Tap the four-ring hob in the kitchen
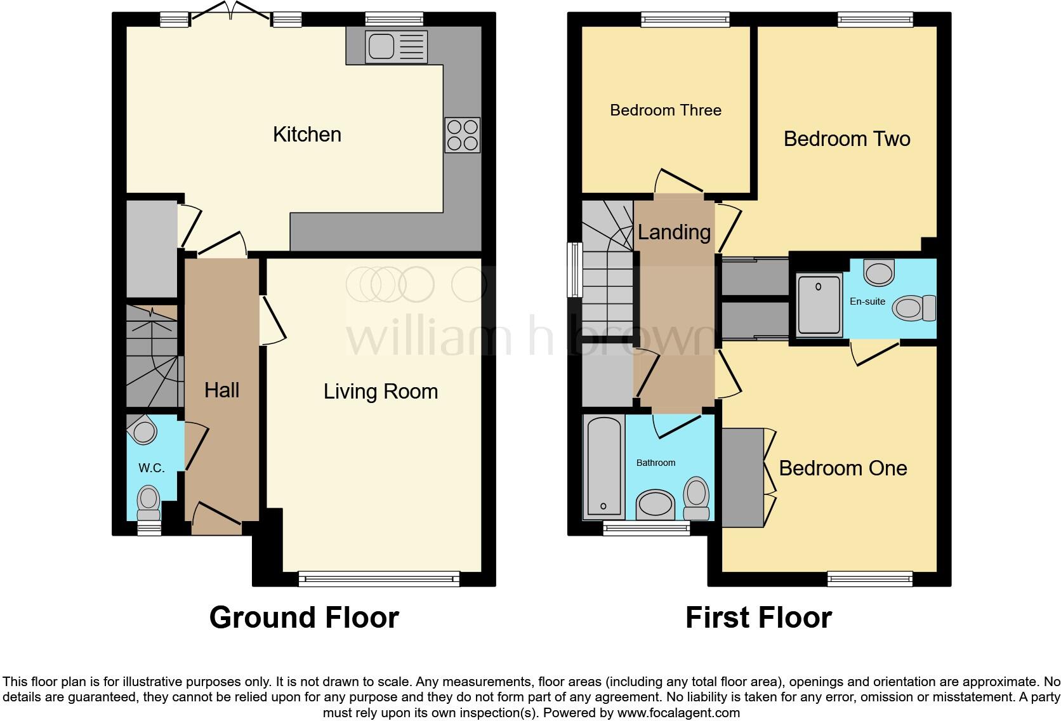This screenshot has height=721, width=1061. point(463,135)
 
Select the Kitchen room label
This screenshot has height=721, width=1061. point(307,135)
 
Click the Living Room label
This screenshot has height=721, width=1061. point(381,392)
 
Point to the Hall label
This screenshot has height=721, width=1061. point(221,390)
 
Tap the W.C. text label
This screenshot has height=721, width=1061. point(151,468)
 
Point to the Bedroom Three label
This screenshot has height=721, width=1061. point(666,110)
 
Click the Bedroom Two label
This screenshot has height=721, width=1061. point(847,139)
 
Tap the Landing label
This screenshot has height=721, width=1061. point(674,232)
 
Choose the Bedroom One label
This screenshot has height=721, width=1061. point(843,468)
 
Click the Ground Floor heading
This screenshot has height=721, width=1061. point(304,618)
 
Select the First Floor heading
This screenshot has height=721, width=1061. point(758,618)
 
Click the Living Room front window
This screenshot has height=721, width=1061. point(379,578)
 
